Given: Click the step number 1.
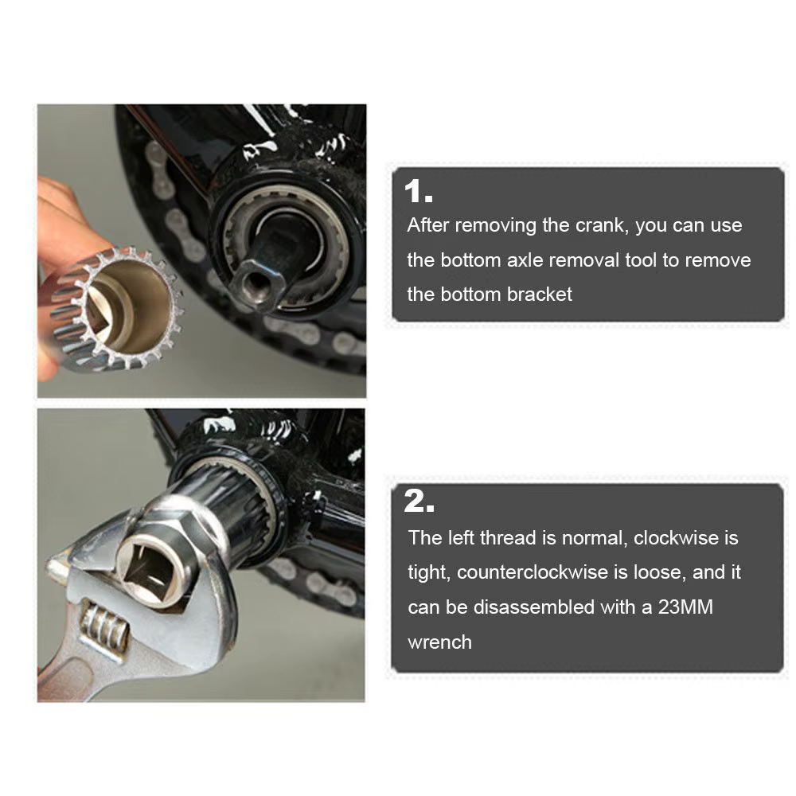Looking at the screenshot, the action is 419,193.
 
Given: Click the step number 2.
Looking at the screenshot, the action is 419,501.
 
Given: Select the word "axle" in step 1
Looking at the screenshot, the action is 525,260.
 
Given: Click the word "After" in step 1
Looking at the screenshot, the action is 428,225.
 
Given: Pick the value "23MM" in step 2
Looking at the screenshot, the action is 686,607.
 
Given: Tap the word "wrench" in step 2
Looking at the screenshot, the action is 439,642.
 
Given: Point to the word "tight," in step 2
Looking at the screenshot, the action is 429,572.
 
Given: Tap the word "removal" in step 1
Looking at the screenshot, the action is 584,260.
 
